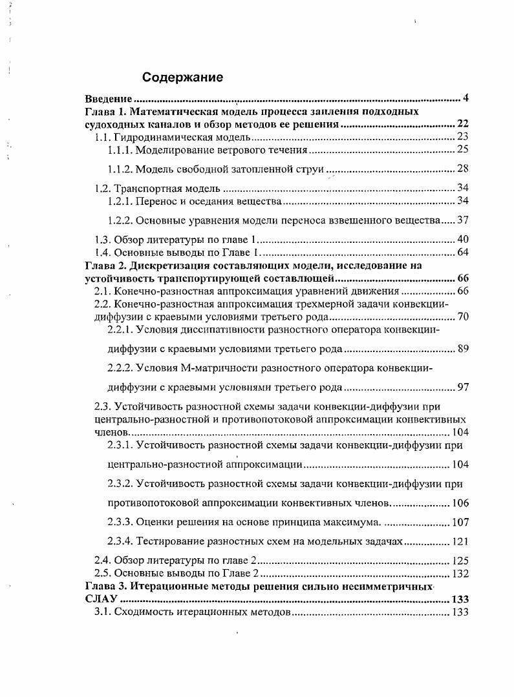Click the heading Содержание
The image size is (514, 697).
182,78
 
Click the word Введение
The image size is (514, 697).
109,99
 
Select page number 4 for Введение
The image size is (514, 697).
466,99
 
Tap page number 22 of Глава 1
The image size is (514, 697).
462,124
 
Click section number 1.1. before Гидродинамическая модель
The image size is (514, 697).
103,137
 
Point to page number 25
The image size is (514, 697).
462,150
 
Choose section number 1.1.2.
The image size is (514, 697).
121,169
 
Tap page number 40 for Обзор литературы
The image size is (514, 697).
462,240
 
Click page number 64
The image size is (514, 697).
462,253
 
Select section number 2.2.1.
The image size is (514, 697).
121,329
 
